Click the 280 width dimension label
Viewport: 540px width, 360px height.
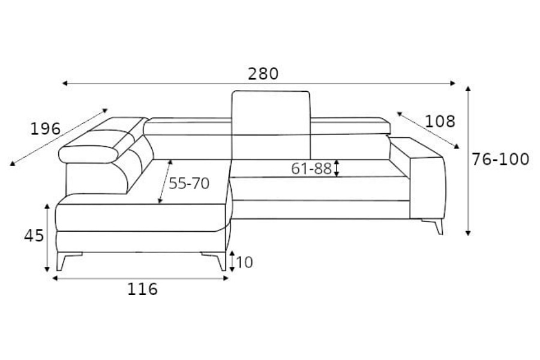[x=263, y=74]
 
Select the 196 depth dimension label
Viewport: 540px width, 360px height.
[x=46, y=129]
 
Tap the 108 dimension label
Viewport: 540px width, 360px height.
[x=440, y=121]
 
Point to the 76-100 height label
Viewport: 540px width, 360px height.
[x=500, y=160]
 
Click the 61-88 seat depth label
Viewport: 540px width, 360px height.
[x=311, y=169]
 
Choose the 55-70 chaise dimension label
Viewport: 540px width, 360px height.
[x=189, y=183]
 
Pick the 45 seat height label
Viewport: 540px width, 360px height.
[x=34, y=236]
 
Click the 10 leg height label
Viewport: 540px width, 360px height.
[x=245, y=263]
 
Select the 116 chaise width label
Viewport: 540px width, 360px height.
[x=142, y=289]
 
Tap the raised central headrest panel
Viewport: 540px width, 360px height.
[x=271, y=124]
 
